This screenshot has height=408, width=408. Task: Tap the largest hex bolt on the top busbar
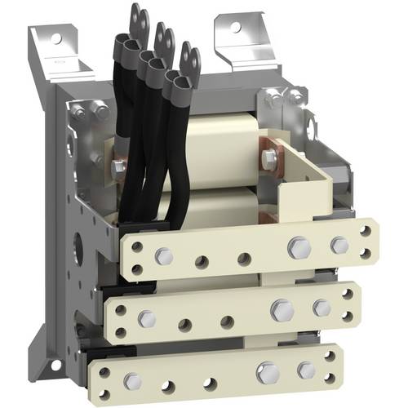coord(299,247)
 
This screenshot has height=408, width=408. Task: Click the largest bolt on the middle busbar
coord(282,309)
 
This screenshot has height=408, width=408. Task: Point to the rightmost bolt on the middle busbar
coord(322,308)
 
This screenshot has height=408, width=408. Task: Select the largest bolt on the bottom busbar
coord(267,373)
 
